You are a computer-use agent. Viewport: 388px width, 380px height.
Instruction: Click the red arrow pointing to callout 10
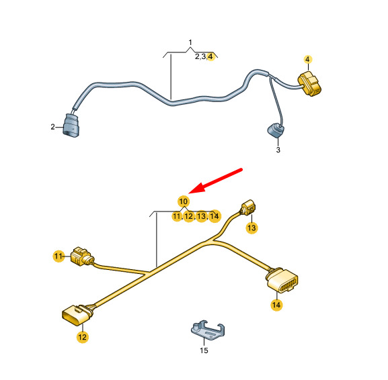[x=216, y=180]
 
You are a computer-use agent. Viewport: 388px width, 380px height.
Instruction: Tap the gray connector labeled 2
[x=71, y=126]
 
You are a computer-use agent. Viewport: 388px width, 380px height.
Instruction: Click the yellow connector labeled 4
[x=310, y=84]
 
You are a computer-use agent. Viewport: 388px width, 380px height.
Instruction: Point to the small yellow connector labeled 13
[x=248, y=207]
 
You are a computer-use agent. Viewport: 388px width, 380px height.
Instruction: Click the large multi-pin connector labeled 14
[x=282, y=280]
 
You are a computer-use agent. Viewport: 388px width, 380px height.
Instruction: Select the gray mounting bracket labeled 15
[x=208, y=330]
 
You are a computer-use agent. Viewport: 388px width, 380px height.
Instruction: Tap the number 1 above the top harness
[x=190, y=42]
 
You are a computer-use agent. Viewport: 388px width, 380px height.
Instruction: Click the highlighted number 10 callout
[x=184, y=201]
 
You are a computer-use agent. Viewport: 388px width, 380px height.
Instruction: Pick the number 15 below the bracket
[x=204, y=350]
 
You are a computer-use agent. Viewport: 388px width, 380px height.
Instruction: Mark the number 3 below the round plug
[x=278, y=150]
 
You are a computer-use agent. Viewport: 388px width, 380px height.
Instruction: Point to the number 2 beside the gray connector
[x=52, y=127]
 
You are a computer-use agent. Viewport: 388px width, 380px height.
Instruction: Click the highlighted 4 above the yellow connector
[x=307, y=59]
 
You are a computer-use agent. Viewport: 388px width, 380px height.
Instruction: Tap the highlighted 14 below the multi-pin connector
[x=276, y=305]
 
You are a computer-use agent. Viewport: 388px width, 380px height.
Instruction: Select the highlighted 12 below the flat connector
[x=83, y=337]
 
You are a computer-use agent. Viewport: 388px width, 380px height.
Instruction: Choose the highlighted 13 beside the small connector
[x=251, y=228]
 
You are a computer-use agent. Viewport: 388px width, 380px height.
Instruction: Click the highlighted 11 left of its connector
[x=59, y=256]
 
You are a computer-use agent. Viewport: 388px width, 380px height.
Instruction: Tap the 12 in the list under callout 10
[x=189, y=216]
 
